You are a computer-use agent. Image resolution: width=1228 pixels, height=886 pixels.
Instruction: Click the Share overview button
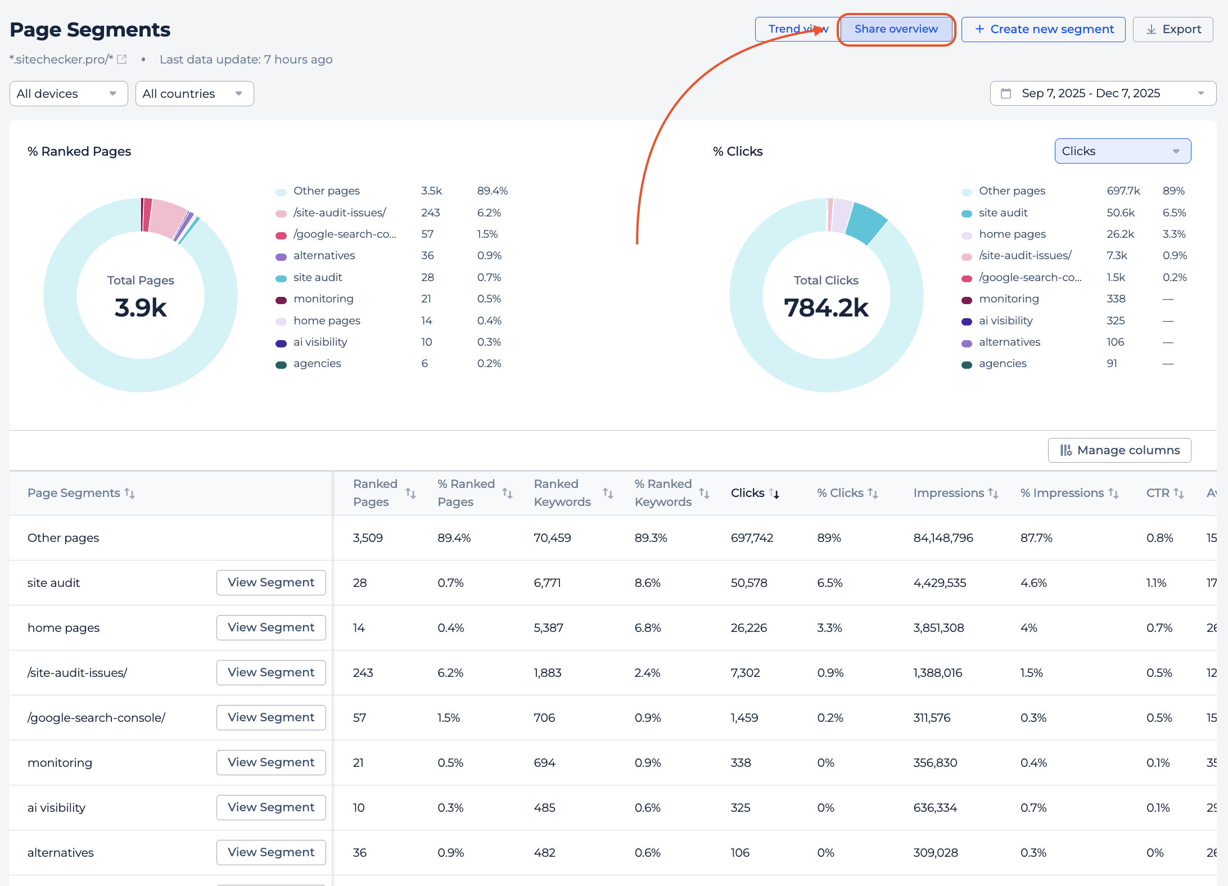coord(896,29)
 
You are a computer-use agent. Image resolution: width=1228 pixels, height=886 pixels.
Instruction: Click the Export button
coord(1173,29)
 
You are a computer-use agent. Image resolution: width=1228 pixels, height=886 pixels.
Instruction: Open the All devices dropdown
coord(68,93)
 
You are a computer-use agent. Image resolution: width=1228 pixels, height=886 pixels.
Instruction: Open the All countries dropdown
coord(194,93)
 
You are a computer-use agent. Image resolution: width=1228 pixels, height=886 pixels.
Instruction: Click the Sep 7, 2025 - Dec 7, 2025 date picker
coord(1102,93)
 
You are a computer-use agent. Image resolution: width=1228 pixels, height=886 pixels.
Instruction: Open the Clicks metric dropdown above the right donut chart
coord(1122,151)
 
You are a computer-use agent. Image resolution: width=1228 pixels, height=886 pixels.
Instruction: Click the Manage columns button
coord(1119,450)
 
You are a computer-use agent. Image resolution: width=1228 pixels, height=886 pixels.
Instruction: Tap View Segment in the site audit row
coord(270,582)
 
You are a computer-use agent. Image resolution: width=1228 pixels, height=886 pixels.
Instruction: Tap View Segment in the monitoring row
coord(270,762)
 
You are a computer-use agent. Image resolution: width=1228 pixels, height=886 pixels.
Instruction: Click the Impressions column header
coord(949,493)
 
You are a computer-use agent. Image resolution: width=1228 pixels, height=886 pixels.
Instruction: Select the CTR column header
coord(1158,493)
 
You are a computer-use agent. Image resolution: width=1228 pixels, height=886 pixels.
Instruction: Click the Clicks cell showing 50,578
coord(748,583)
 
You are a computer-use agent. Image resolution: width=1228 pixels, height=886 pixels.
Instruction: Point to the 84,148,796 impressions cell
coord(943,538)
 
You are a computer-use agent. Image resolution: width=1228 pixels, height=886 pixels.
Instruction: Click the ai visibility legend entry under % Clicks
coord(1005,320)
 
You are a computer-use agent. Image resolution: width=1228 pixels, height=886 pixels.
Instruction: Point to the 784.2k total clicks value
coord(826,308)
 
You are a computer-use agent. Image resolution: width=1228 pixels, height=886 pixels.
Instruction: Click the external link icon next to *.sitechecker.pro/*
coord(122,60)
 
